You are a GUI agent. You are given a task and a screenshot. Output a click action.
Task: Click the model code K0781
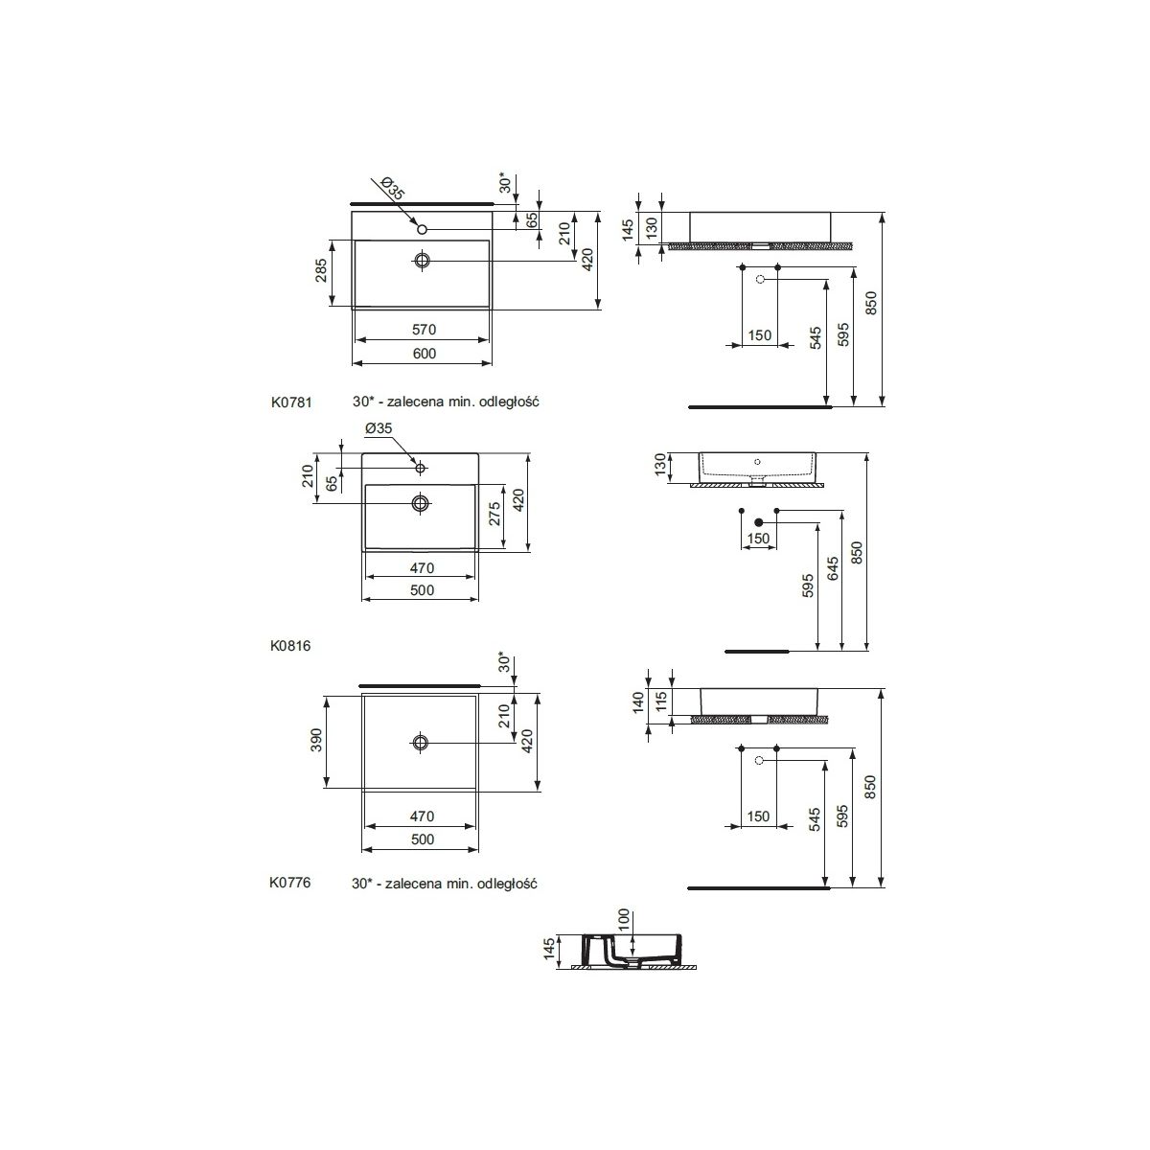(x=291, y=402)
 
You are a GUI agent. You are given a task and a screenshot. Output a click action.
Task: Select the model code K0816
(x=290, y=646)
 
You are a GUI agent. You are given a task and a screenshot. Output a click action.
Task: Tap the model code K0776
(x=290, y=882)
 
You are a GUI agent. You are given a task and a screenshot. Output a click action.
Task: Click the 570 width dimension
(x=424, y=330)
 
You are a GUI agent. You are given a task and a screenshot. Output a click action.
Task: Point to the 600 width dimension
(x=425, y=354)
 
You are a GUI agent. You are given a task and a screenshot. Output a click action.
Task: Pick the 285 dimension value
(x=321, y=270)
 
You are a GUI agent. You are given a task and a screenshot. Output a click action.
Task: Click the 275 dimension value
(x=494, y=514)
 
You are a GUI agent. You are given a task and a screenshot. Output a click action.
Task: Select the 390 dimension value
(x=316, y=740)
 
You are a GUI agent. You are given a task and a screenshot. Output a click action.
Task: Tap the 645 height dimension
(x=833, y=568)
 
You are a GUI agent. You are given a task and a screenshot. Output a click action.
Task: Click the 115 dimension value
(x=659, y=701)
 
